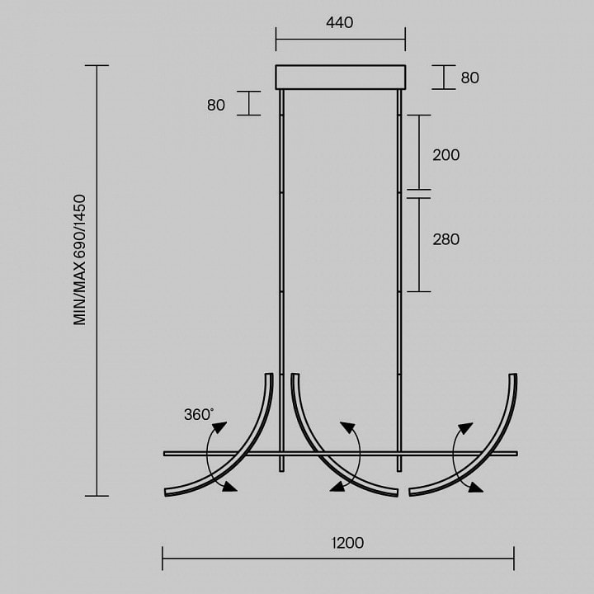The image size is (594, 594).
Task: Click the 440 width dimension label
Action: pos(339,22)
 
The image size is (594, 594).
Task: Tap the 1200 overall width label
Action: pos(347,543)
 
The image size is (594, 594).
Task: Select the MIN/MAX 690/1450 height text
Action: pos(79,260)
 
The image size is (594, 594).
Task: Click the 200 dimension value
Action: pos(445,155)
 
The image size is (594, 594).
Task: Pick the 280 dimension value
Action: pos(445,239)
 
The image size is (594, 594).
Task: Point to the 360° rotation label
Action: pos(199,414)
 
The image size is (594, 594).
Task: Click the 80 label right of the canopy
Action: pos(469,78)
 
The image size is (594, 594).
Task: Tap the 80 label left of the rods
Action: pos(216,105)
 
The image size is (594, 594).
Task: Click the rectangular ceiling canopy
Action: pos(340,78)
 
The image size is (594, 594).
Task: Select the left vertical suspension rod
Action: pos(281,280)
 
